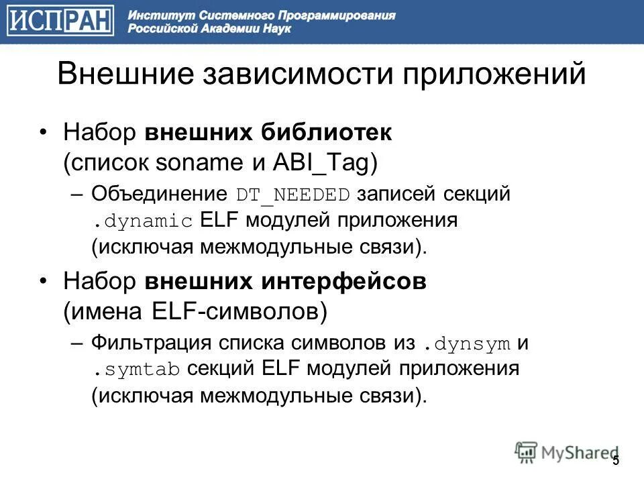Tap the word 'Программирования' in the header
(x=335, y=15)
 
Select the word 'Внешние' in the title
(x=125, y=74)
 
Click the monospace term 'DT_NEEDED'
(x=293, y=195)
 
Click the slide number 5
(x=616, y=460)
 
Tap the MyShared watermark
(x=567, y=453)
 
